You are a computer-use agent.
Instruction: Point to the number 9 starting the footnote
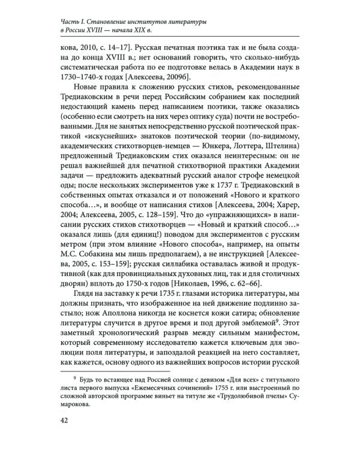[74, 379]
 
